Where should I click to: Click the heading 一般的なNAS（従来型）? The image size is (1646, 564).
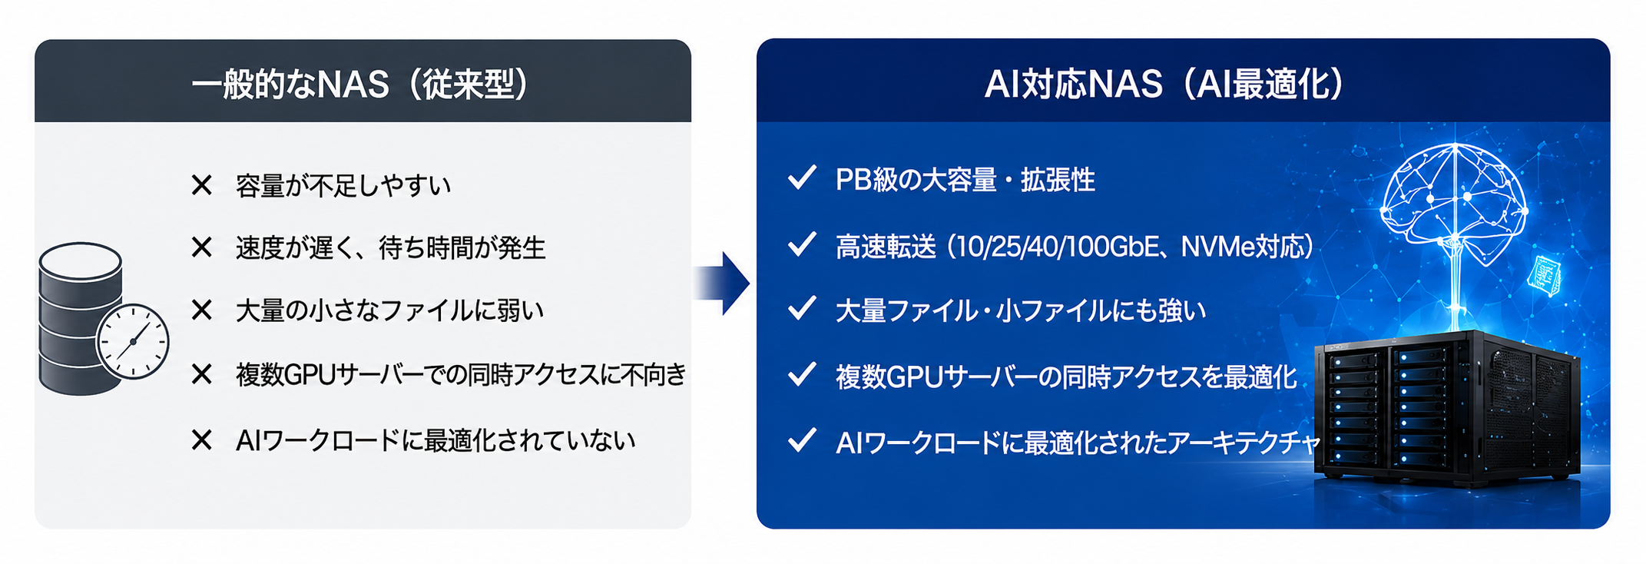click(361, 84)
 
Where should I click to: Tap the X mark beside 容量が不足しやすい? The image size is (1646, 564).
click(201, 185)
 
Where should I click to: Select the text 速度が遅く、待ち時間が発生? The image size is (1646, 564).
click(390, 248)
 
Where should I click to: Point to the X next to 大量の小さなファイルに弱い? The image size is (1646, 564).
click(201, 310)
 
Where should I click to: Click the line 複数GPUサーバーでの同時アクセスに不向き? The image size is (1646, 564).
click(461, 374)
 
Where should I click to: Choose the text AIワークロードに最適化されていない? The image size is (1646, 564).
click(436, 440)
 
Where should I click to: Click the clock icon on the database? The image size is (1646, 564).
click(132, 341)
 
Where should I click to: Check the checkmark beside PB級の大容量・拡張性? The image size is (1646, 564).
click(802, 178)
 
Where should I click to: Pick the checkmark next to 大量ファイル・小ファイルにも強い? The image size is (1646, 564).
click(802, 309)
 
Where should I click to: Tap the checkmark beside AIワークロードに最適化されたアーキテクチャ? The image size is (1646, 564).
click(802, 440)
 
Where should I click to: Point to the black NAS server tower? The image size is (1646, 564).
click(1447, 409)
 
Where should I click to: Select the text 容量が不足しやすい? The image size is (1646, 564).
click(343, 185)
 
